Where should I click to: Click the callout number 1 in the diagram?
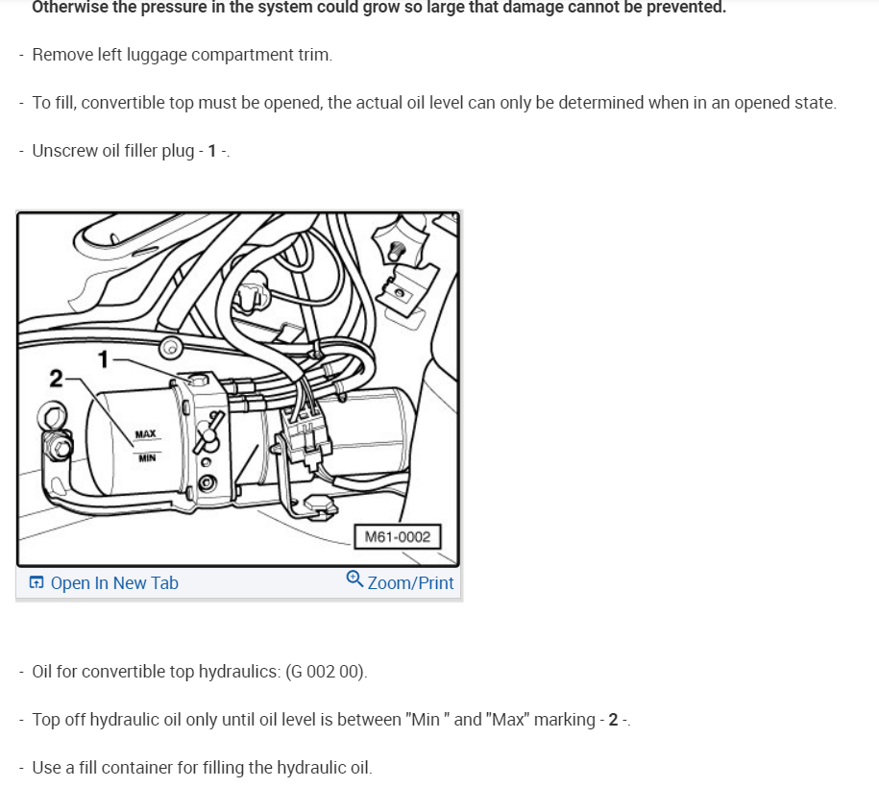click(x=103, y=359)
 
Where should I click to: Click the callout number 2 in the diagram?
click(x=56, y=379)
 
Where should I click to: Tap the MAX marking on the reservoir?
click(x=145, y=434)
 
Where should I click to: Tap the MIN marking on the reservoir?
click(x=147, y=458)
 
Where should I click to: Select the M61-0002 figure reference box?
click(x=398, y=537)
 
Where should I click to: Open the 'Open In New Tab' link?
click(x=114, y=583)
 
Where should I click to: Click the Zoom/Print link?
click(x=410, y=583)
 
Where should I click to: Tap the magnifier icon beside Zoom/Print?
click(x=354, y=579)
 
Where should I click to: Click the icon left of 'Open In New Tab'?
click(x=36, y=582)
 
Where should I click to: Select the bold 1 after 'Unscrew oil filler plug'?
click(x=212, y=151)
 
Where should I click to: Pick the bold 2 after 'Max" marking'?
click(x=613, y=720)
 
